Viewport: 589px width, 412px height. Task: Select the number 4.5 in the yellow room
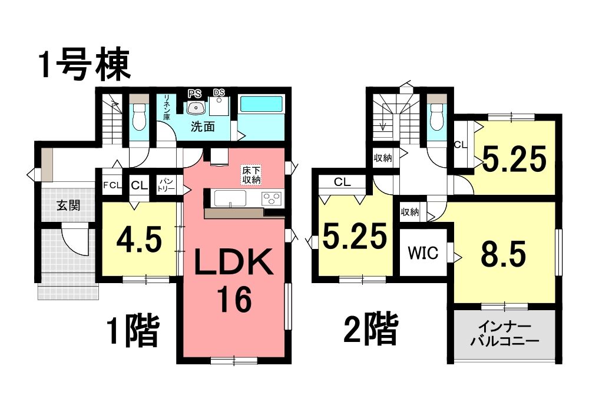click(x=139, y=240)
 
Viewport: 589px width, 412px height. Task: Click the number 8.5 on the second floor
click(x=504, y=254)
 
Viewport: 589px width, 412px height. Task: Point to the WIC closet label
click(x=423, y=253)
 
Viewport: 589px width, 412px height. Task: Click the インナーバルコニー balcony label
click(x=504, y=334)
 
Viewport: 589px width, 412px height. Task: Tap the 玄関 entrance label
click(x=68, y=205)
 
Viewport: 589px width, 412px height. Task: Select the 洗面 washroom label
click(x=203, y=127)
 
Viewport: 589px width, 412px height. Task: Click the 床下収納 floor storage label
click(x=252, y=175)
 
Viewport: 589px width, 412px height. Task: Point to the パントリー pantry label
click(x=166, y=185)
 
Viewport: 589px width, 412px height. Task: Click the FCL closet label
click(x=112, y=185)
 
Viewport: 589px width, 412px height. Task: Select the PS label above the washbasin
click(x=194, y=94)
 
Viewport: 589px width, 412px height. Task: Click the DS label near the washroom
click(x=219, y=92)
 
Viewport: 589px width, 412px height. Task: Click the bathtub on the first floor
click(x=261, y=104)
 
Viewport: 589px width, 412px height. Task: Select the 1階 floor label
click(x=133, y=331)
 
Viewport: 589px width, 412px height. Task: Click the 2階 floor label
click(x=370, y=329)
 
